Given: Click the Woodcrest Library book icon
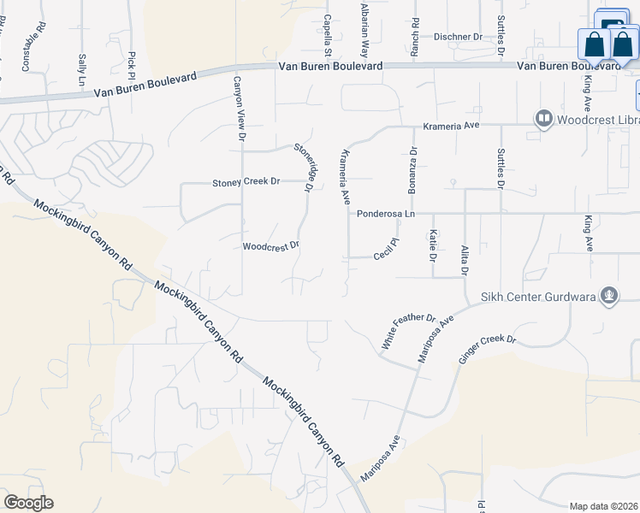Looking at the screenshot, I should (x=542, y=119).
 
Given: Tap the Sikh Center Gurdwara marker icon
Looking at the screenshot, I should (x=609, y=296).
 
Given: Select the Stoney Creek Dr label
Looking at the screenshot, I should (x=246, y=182).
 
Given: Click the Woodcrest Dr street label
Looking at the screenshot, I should (x=270, y=246).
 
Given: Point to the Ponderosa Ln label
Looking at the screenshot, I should (x=385, y=214).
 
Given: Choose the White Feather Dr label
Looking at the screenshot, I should (x=408, y=329).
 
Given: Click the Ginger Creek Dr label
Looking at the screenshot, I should (x=488, y=351).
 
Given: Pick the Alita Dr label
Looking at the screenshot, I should (x=465, y=258).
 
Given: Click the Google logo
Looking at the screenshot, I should (x=28, y=503).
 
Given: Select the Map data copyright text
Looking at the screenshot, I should (x=604, y=506).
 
